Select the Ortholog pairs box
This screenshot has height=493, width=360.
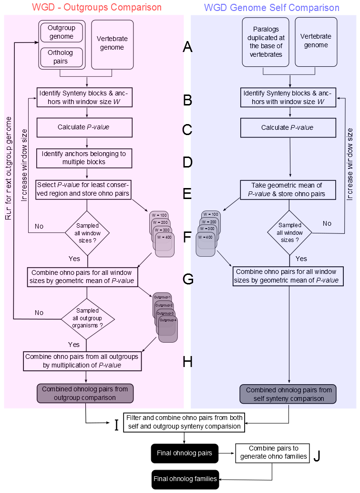[x=62, y=58]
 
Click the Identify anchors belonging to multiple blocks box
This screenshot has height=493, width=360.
[x=86, y=158]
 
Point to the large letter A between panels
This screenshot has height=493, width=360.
[x=187, y=47]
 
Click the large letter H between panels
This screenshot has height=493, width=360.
[x=187, y=362]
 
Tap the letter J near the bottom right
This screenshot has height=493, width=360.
[x=317, y=456]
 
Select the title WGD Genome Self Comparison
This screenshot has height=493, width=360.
[x=271, y=8]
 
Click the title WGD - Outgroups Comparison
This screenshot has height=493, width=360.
[x=96, y=8]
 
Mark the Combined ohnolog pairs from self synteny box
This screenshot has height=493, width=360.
[x=288, y=394]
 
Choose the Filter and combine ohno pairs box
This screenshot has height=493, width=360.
[x=184, y=422]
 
